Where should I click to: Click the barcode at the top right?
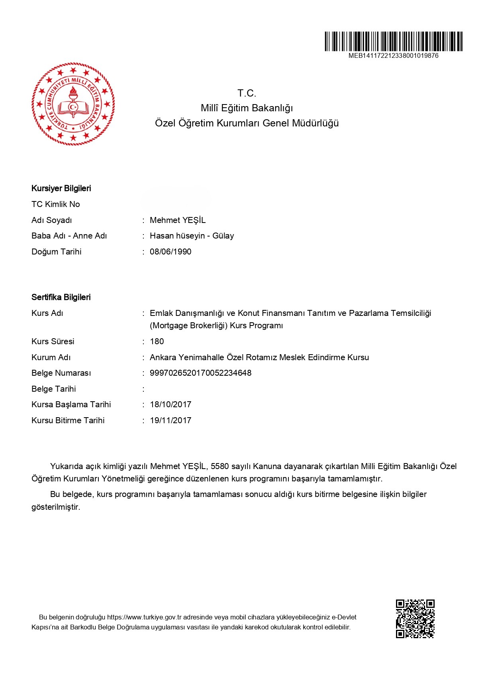393,41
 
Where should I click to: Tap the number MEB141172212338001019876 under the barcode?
393,56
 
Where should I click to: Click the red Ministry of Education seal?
73,104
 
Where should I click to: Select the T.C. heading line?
247,93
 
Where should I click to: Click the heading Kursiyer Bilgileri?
61,188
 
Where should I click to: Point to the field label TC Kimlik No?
56,204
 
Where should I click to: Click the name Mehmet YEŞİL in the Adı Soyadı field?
178,220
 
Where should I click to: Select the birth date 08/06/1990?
171,252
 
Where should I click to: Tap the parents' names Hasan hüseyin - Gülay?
192,236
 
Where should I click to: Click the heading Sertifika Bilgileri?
61,297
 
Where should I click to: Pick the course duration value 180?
157,341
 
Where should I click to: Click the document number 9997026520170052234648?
200,373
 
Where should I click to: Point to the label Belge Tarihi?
54,389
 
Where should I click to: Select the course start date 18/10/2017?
171,404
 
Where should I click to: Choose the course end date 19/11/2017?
171,420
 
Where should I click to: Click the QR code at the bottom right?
415,619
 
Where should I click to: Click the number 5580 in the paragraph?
220,466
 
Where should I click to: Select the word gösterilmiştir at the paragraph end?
56,507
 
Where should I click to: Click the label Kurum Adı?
51,357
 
